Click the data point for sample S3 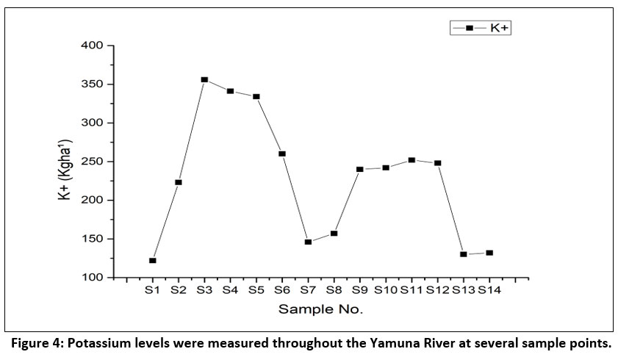(x=204, y=79)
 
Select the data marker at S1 (x=152, y=261)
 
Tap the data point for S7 (x=308, y=242)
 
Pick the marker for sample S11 (x=412, y=160)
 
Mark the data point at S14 (x=489, y=253)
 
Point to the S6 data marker (x=282, y=154)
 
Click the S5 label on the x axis (x=256, y=291)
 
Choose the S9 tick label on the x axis (x=359, y=291)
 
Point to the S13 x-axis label (x=463, y=291)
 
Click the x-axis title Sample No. (x=320, y=309)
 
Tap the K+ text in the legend (x=500, y=28)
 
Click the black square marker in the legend (x=469, y=28)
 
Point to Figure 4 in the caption (x=34, y=343)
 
